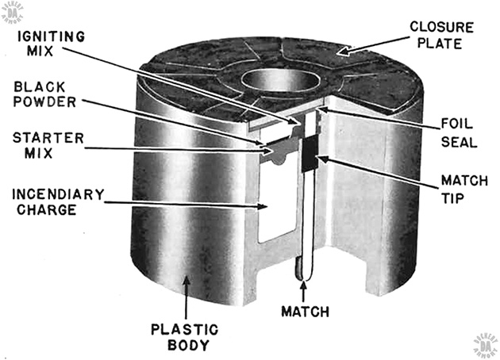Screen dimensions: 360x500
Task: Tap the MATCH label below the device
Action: (304, 312)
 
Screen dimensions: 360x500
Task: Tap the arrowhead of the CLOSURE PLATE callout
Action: (340, 52)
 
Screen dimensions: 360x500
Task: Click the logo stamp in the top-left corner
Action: (13, 11)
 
